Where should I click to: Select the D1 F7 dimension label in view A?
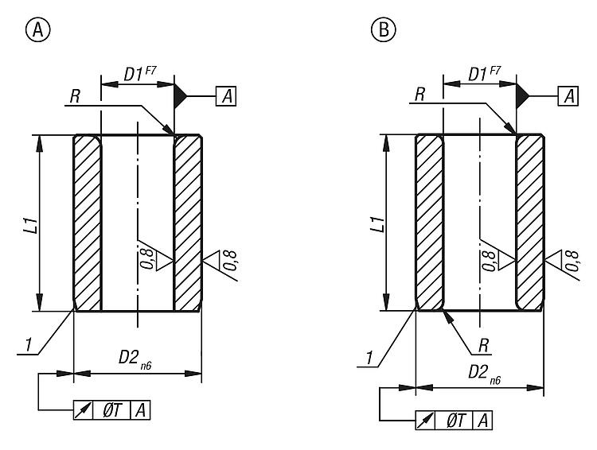coord(137,74)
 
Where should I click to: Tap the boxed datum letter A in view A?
coord(226,96)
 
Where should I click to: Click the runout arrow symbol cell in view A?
coord(82,409)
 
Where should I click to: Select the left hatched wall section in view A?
coord(88,223)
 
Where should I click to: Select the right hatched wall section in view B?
coord(530,223)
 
